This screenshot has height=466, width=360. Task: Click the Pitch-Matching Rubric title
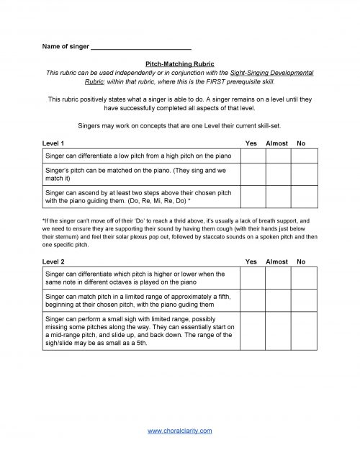click(179, 64)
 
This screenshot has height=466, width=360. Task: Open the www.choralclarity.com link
click(179, 430)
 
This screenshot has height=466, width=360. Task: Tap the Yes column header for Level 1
click(251, 144)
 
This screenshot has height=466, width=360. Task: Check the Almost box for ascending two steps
click(277, 197)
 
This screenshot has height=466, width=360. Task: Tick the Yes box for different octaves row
click(253, 278)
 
